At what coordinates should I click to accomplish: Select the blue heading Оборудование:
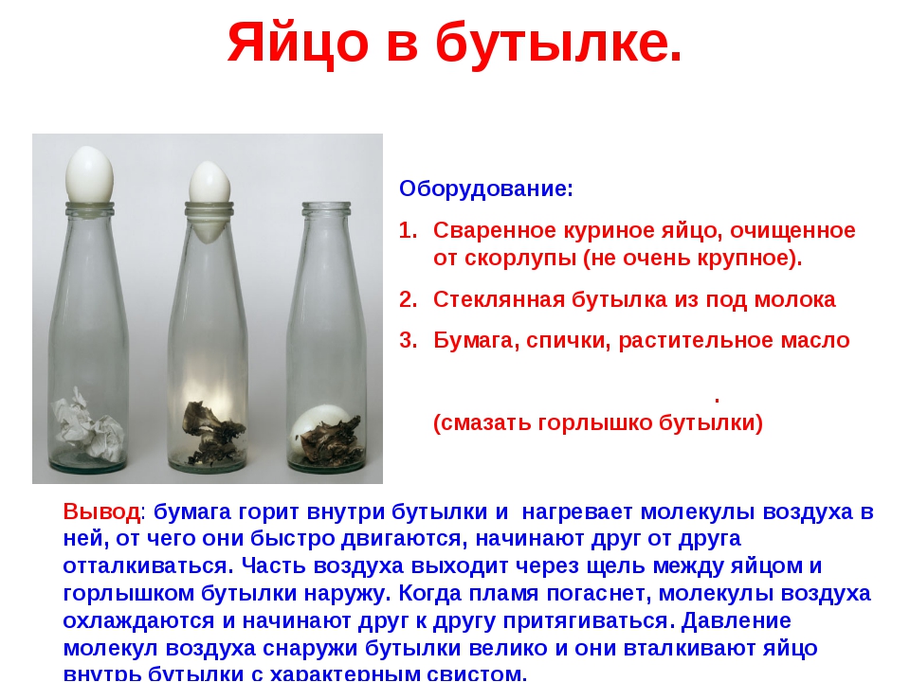(486, 188)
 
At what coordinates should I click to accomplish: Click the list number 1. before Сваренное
(409, 230)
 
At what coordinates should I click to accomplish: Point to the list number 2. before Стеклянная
(409, 299)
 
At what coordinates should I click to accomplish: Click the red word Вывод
(101, 512)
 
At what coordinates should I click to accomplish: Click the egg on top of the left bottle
(89, 173)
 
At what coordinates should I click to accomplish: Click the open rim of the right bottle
(326, 206)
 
